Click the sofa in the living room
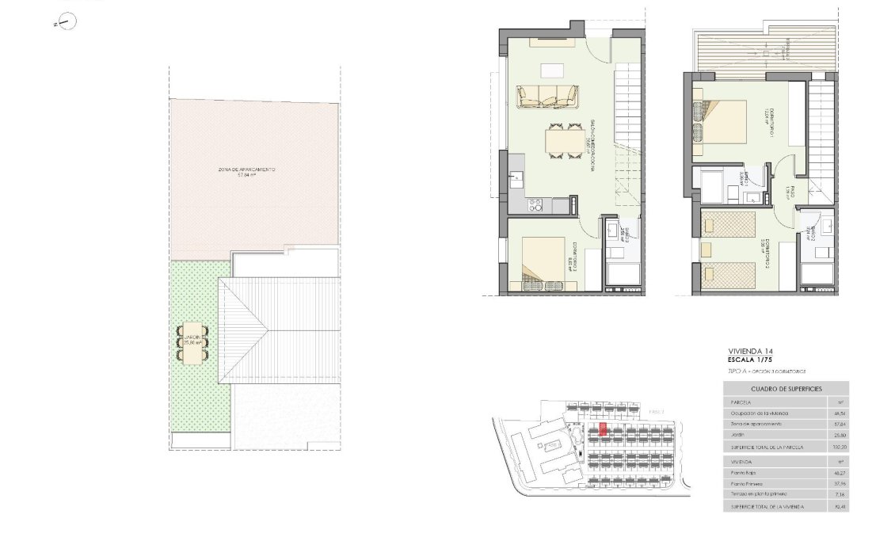(548, 97)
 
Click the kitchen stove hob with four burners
(535, 205)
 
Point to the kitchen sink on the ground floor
(516, 177)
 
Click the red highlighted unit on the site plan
(604, 429)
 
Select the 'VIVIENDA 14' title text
(749, 350)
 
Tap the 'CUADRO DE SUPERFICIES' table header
(786, 389)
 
